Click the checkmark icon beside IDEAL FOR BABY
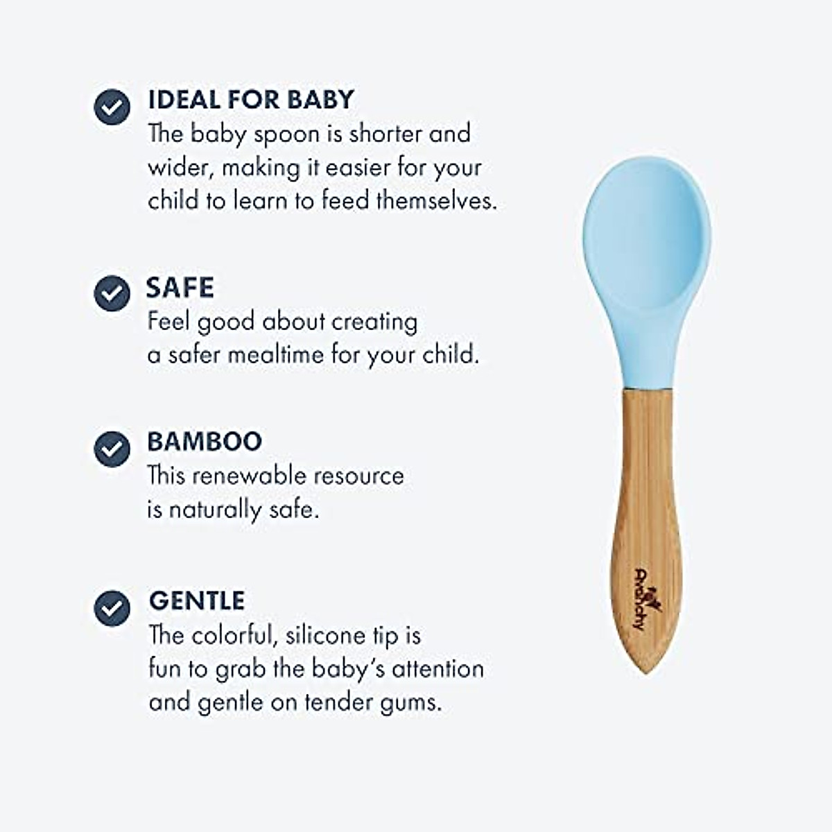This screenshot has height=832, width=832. (x=112, y=107)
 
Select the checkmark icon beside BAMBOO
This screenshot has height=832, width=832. (x=112, y=449)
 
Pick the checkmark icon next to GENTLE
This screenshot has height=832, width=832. (x=112, y=608)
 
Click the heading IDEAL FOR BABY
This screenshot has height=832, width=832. (x=250, y=99)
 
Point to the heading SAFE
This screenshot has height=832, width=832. (x=180, y=288)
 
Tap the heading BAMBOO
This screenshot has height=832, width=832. (x=205, y=442)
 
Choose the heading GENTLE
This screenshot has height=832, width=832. (x=197, y=600)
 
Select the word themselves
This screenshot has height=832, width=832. (x=437, y=201)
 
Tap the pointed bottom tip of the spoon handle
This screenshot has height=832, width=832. (x=645, y=669)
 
